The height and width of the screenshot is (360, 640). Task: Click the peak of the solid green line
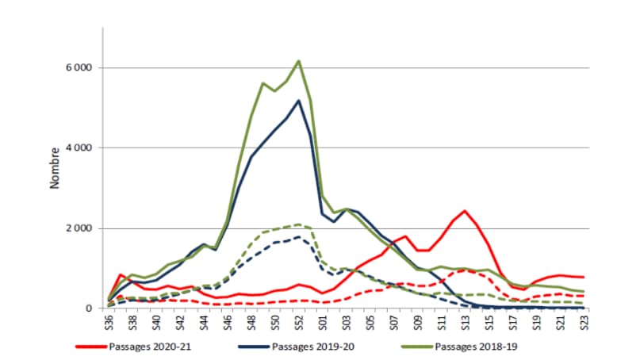pyautogui.click(x=298, y=60)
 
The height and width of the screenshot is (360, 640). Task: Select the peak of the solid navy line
pyautogui.click(x=298, y=101)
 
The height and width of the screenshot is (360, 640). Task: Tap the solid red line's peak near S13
pyautogui.click(x=464, y=211)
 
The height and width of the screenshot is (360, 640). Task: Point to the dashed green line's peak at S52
pyautogui.click(x=298, y=224)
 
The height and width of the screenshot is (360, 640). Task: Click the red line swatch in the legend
pyautogui.click(x=92, y=347)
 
